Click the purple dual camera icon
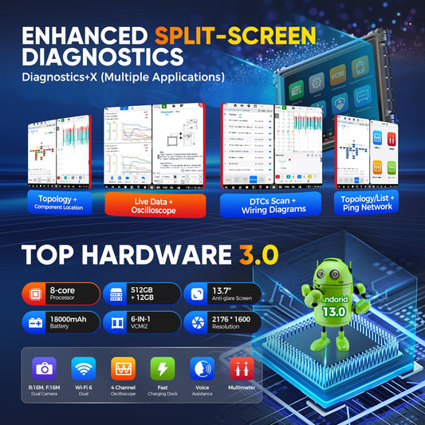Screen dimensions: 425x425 [43, 368]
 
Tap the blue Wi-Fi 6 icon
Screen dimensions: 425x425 [84, 368]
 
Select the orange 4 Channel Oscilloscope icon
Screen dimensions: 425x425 [124, 368]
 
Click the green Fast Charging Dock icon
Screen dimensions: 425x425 [163, 368]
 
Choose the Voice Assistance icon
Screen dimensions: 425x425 [202, 368]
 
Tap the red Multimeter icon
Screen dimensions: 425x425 [241, 368]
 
